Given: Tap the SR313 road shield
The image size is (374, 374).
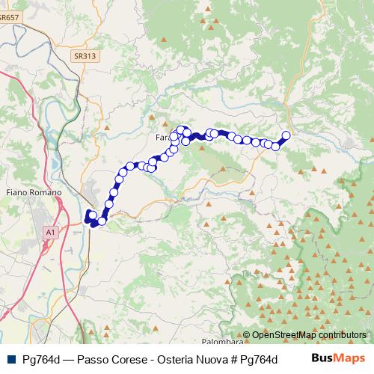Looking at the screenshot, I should coord(85,55).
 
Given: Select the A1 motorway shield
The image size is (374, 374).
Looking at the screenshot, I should coord(50,233).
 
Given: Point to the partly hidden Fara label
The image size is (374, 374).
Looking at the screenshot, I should coord(162,138).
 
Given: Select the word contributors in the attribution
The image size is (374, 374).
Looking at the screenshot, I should coord(343,336).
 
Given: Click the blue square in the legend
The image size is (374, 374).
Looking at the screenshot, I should coord(10,358).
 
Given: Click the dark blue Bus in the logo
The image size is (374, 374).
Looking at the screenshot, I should coord(323,358).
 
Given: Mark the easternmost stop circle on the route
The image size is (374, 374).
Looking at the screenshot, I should coord(286,135).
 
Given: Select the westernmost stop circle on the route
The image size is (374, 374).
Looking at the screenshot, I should coord(91,215).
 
